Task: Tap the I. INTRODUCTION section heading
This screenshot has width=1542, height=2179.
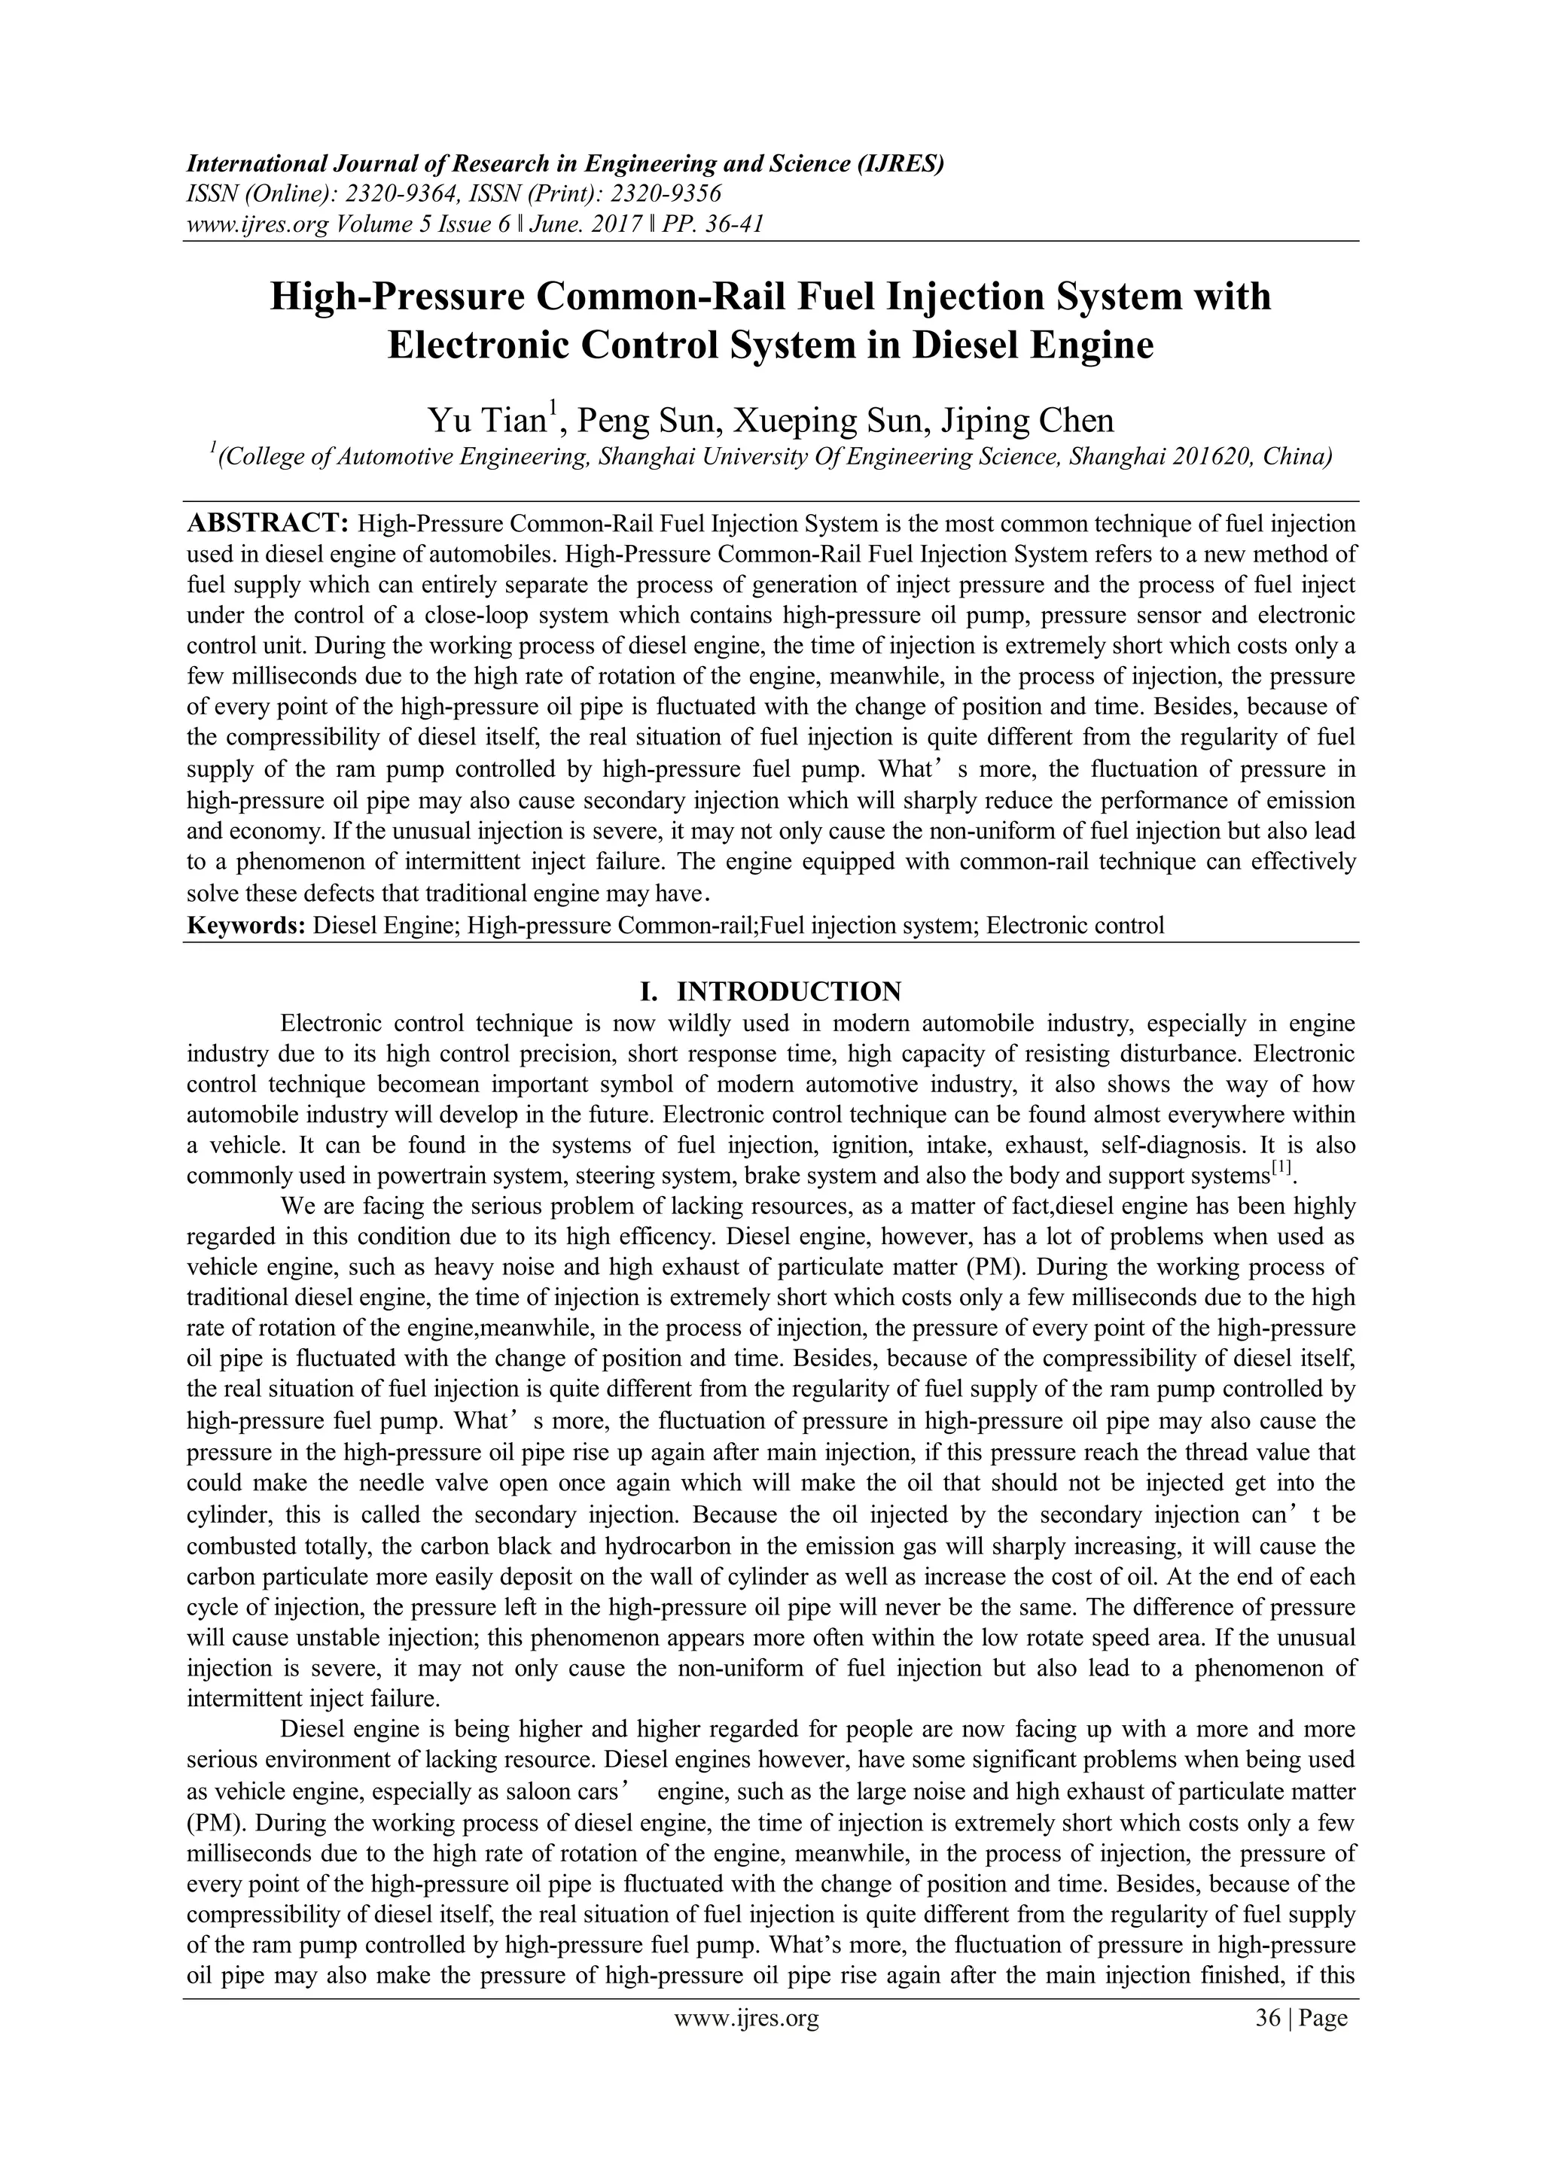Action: pyautogui.click(x=770, y=992)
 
